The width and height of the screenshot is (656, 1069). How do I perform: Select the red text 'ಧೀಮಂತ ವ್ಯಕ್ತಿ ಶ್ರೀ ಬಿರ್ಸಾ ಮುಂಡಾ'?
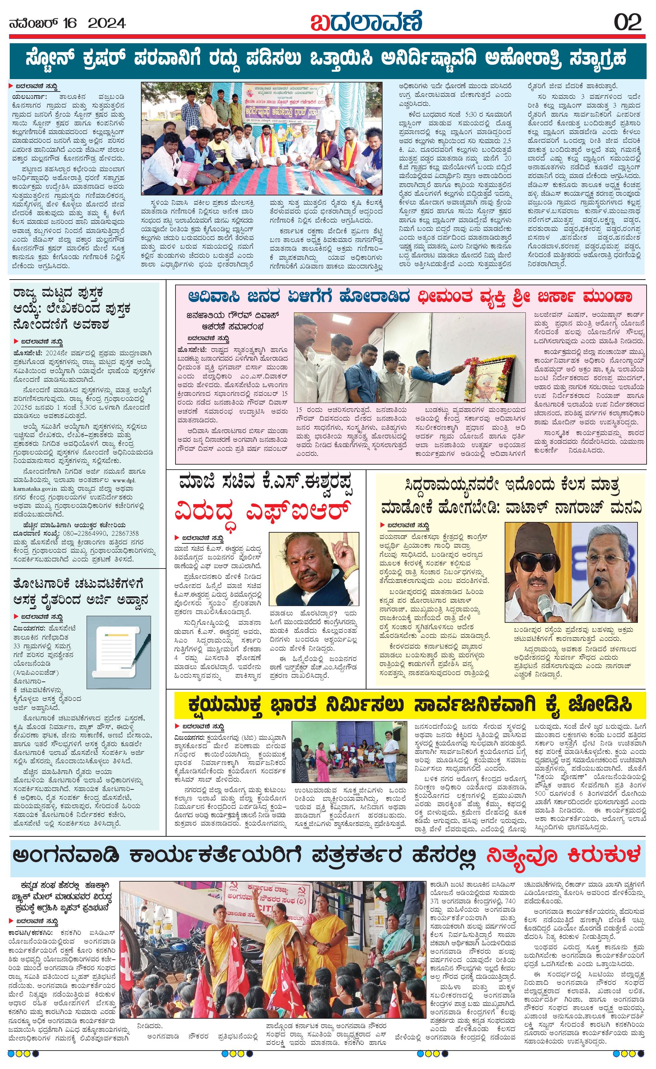tap(524, 297)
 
